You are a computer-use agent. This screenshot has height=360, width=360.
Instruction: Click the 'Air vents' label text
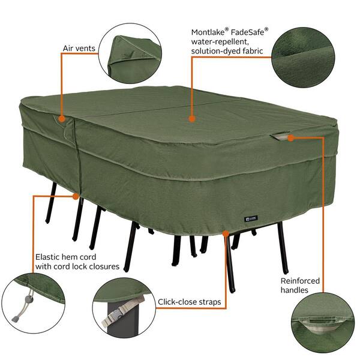coord(79,49)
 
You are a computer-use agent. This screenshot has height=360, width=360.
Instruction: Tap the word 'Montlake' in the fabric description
coord(208,32)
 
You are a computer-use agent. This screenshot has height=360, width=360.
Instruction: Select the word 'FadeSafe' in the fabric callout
coord(247,32)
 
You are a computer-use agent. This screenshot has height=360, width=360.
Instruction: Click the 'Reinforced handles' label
coord(300,286)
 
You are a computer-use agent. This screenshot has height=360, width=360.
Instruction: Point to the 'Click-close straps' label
coord(190,302)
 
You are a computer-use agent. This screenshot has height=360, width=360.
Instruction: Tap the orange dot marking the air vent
coord(62,119)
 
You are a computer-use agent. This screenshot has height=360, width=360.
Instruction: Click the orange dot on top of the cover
coord(192,119)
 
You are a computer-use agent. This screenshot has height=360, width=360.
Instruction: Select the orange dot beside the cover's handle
coord(291,138)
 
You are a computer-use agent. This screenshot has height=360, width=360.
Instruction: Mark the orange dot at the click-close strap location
coord(226,234)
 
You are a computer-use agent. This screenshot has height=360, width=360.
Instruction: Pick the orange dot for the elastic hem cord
coord(76,196)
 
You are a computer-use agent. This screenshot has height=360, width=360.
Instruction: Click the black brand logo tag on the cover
coord(251,218)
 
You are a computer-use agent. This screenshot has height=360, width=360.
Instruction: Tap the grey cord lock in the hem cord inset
coord(28,299)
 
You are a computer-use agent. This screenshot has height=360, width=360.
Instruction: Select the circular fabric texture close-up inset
coord(303,58)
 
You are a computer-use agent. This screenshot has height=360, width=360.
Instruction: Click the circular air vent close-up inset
coord(130,53)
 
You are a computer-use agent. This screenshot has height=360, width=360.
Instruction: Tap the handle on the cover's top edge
coord(280,136)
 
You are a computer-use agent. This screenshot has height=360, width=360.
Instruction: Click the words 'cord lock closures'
coord(86,266)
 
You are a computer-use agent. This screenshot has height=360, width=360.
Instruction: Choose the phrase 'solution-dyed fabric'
coord(227,51)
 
